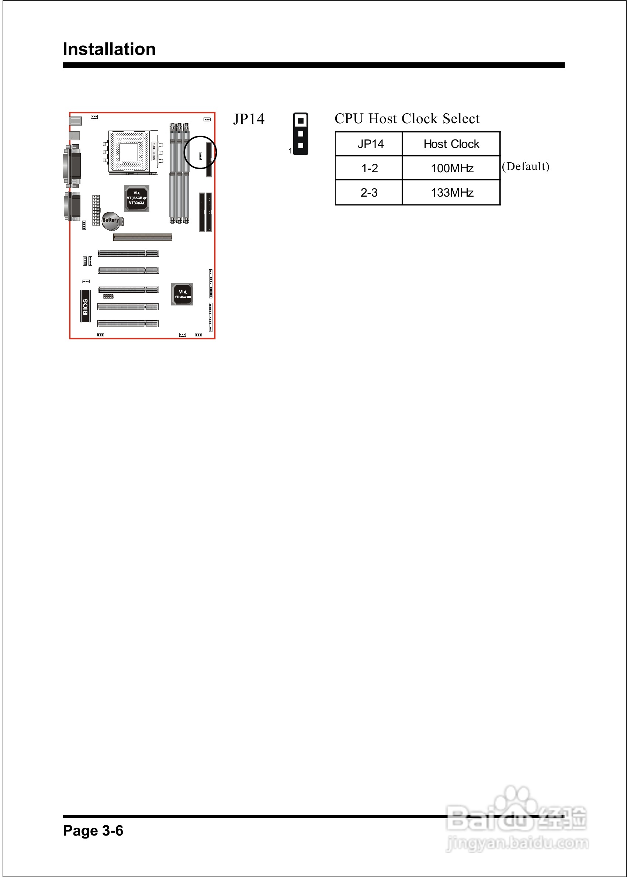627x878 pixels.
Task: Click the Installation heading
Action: pyautogui.click(x=109, y=49)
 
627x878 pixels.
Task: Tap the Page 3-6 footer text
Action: pyautogui.click(x=93, y=830)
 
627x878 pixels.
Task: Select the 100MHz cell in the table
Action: pyautogui.click(x=452, y=168)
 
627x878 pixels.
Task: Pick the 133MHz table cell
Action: pyautogui.click(x=452, y=192)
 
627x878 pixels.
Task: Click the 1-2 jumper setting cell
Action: pyautogui.click(x=369, y=168)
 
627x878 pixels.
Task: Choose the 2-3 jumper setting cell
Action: pyautogui.click(x=369, y=192)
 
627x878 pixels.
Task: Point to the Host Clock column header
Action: pyautogui.click(x=451, y=144)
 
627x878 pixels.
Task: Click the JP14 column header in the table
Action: pyautogui.click(x=370, y=144)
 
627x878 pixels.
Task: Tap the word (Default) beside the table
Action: pyautogui.click(x=526, y=166)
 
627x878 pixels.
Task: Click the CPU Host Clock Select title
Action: pyautogui.click(x=407, y=118)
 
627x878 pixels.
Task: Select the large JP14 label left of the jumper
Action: pyautogui.click(x=249, y=119)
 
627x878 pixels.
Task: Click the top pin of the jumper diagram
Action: pyautogui.click(x=301, y=121)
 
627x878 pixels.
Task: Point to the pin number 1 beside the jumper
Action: pyautogui.click(x=290, y=151)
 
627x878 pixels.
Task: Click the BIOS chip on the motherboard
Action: pyautogui.click(x=85, y=306)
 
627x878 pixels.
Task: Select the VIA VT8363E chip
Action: pyautogui.click(x=137, y=198)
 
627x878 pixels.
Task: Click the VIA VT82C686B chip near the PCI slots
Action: pyautogui.click(x=182, y=294)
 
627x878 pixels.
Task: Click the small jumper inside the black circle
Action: pyautogui.click(x=200, y=156)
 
